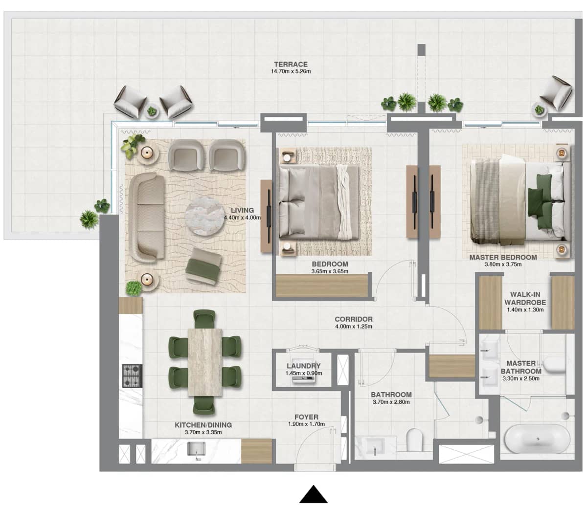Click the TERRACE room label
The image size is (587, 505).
tap(291, 64)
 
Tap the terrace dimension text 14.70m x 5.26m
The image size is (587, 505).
tap(291, 71)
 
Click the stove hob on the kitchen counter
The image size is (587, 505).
tap(132, 376)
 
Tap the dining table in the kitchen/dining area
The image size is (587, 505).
tap(205, 362)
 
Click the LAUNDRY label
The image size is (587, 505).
tap(303, 366)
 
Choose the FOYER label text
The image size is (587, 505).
tap(306, 417)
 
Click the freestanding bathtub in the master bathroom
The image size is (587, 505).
tap(537, 439)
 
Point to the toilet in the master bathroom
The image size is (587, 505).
tap(555, 364)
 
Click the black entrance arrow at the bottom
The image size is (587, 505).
tap(313, 495)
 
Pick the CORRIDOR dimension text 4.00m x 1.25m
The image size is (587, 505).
tap(353, 326)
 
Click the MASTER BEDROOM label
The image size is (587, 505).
tap(503, 257)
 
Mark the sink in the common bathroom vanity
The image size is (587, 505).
tap(376, 447)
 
